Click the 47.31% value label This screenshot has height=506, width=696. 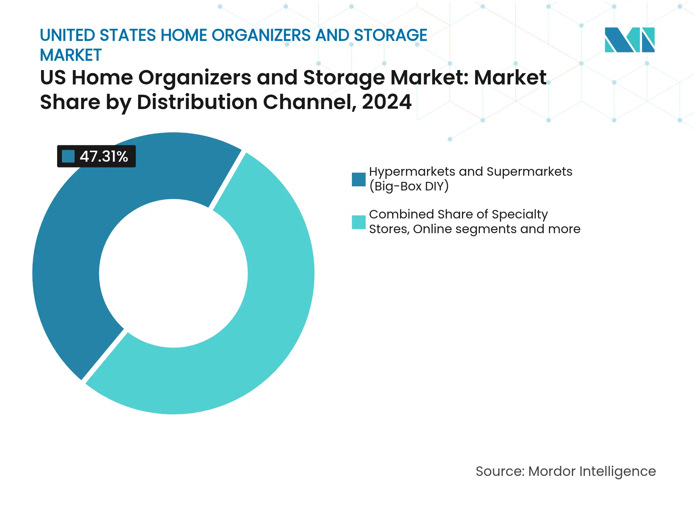click(x=104, y=157)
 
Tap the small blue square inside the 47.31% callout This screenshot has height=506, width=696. click(x=68, y=157)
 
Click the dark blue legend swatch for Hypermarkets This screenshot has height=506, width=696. click(x=358, y=179)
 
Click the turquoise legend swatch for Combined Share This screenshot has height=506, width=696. click(x=358, y=222)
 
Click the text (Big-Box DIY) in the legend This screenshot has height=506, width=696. click(x=409, y=186)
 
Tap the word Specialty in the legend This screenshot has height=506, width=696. click(x=520, y=214)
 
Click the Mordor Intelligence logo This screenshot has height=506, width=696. click(x=629, y=40)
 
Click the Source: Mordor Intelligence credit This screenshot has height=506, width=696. click(x=565, y=471)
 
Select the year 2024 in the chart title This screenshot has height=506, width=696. click(x=386, y=102)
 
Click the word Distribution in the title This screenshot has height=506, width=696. click(x=197, y=102)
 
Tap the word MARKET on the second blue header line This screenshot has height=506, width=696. click(x=71, y=55)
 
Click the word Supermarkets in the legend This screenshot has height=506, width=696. click(x=529, y=172)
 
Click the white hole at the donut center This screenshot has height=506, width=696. click(x=173, y=273)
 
